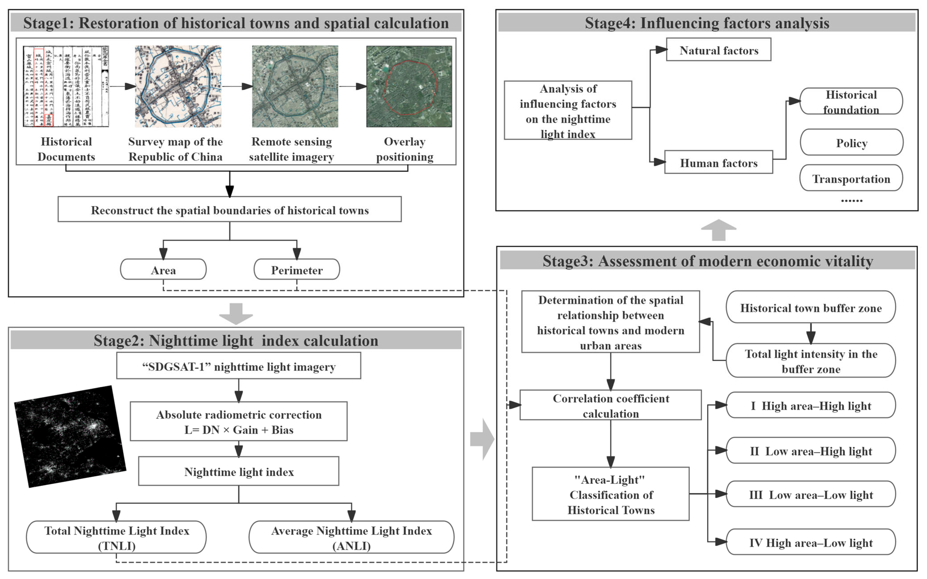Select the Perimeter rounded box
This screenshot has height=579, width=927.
(x=297, y=270)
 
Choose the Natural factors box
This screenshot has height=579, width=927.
(x=718, y=50)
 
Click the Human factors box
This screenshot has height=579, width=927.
(x=718, y=162)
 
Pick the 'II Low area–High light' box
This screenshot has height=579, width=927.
(x=811, y=451)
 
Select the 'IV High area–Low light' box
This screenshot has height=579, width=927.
(x=811, y=542)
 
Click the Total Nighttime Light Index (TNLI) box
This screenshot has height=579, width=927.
(x=116, y=537)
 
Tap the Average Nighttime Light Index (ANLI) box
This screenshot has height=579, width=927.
(x=351, y=537)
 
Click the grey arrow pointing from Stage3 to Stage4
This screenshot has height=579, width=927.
(x=718, y=230)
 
